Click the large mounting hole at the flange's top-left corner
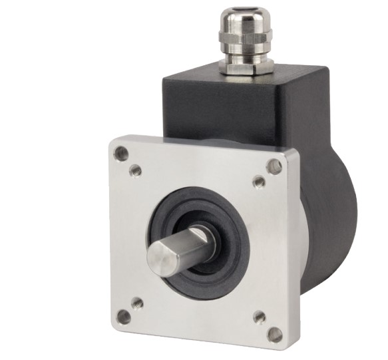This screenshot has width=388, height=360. (x=121, y=154)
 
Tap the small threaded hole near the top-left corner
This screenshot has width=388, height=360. (x=136, y=170)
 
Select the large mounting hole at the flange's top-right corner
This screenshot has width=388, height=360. (x=274, y=166)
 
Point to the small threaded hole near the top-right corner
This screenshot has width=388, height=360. (x=260, y=181)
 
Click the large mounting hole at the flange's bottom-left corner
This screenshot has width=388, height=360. (x=123, y=317)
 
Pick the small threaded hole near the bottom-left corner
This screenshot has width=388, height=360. (x=137, y=303)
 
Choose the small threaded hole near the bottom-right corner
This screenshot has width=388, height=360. (x=260, y=317)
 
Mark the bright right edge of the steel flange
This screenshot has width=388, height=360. (x=288, y=253)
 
